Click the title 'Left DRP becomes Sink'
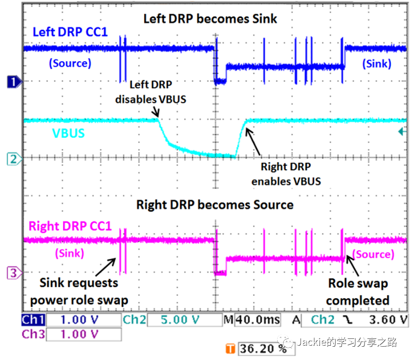pos(210,19)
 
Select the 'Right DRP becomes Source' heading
pos(215,204)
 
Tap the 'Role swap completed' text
pos(358,292)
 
